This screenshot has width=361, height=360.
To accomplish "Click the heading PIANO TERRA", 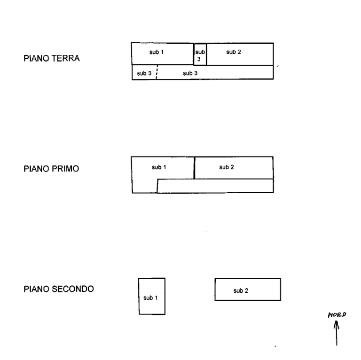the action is [x=52, y=58].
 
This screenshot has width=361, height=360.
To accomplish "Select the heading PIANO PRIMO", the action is [x=51, y=169].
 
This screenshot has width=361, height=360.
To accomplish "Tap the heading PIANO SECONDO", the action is [x=59, y=289].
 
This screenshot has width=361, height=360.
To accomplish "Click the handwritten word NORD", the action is [x=337, y=315].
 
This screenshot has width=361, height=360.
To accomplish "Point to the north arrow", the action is [x=337, y=333].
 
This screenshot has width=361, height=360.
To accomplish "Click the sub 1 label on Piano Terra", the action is [x=157, y=52].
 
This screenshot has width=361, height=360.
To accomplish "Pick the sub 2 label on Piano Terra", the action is [x=234, y=52].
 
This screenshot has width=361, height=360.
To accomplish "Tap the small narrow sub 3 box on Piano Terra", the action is [x=200, y=55].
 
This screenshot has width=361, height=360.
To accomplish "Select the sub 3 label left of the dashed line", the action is [x=144, y=73].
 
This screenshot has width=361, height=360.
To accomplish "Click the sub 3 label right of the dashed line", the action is [x=190, y=73].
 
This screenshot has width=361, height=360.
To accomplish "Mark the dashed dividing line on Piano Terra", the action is [x=157, y=72].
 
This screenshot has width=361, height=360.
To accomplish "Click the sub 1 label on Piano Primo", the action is [x=159, y=167].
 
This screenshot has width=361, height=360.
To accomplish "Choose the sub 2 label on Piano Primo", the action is [x=227, y=167].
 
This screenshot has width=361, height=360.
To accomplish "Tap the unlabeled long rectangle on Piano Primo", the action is [x=215, y=186].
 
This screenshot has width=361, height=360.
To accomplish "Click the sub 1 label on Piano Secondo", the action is [x=150, y=298].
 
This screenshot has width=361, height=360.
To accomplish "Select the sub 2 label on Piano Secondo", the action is [x=241, y=291].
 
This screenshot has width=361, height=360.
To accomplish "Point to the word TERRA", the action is [x=66, y=58].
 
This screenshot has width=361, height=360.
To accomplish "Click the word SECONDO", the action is [x=73, y=289].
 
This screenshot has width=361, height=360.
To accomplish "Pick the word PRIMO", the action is [x=65, y=169].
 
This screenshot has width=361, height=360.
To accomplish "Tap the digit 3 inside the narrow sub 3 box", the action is [x=199, y=59].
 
